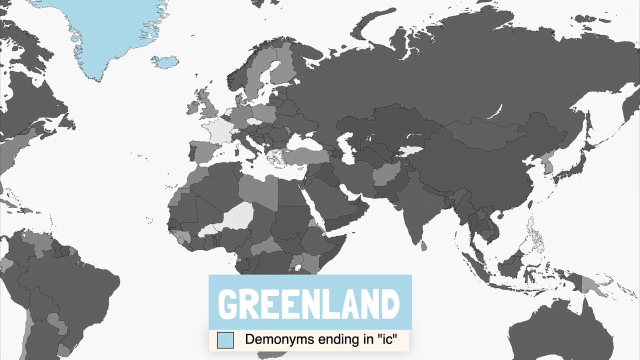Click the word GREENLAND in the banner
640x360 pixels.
pyautogui.click(x=310, y=303)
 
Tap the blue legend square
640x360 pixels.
pyautogui.click(x=225, y=340)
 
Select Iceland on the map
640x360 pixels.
pyautogui.click(x=165, y=62)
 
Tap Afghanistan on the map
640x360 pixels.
pyautogui.click(x=385, y=175)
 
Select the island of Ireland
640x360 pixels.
pyautogui.click(x=194, y=107)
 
